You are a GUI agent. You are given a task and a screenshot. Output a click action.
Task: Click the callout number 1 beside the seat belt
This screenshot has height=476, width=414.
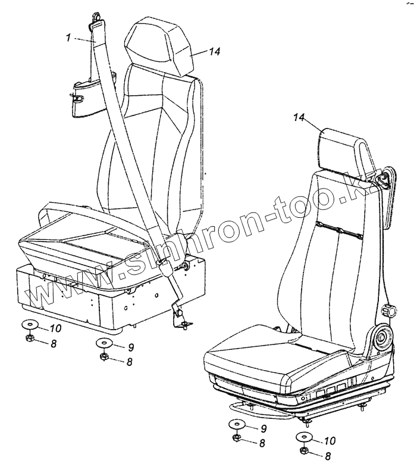[68, 37]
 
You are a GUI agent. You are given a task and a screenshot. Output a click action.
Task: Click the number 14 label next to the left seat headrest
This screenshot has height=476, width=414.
[214, 52]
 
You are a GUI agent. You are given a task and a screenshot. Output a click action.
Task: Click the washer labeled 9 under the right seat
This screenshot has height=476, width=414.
[236, 426]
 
